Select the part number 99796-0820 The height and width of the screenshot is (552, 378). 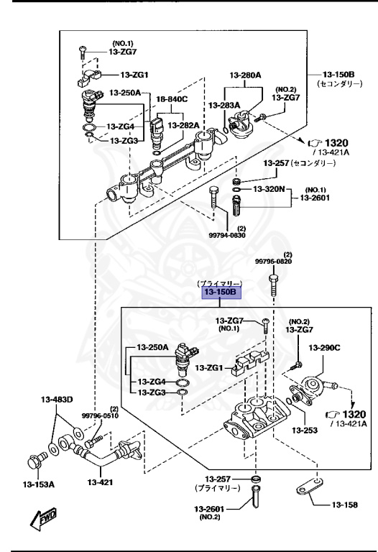click(277, 262)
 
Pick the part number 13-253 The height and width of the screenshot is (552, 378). click(305, 431)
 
